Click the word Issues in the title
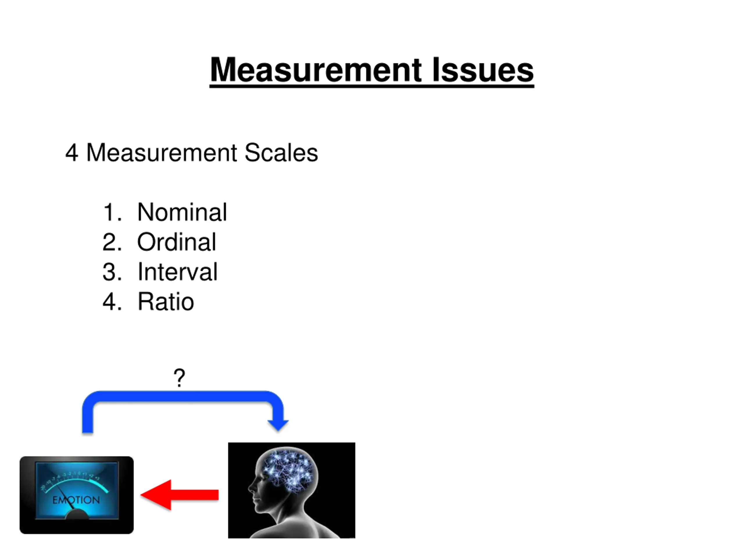pyautogui.click(x=483, y=70)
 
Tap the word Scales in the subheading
pyautogui.click(x=281, y=153)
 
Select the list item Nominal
pyautogui.click(x=182, y=212)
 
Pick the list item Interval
pyautogui.click(x=177, y=272)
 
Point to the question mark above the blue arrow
pyautogui.click(x=179, y=378)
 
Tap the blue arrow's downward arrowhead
pyautogui.click(x=278, y=425)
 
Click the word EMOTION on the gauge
pyautogui.click(x=76, y=500)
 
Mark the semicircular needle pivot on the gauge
pyautogui.click(x=77, y=515)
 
